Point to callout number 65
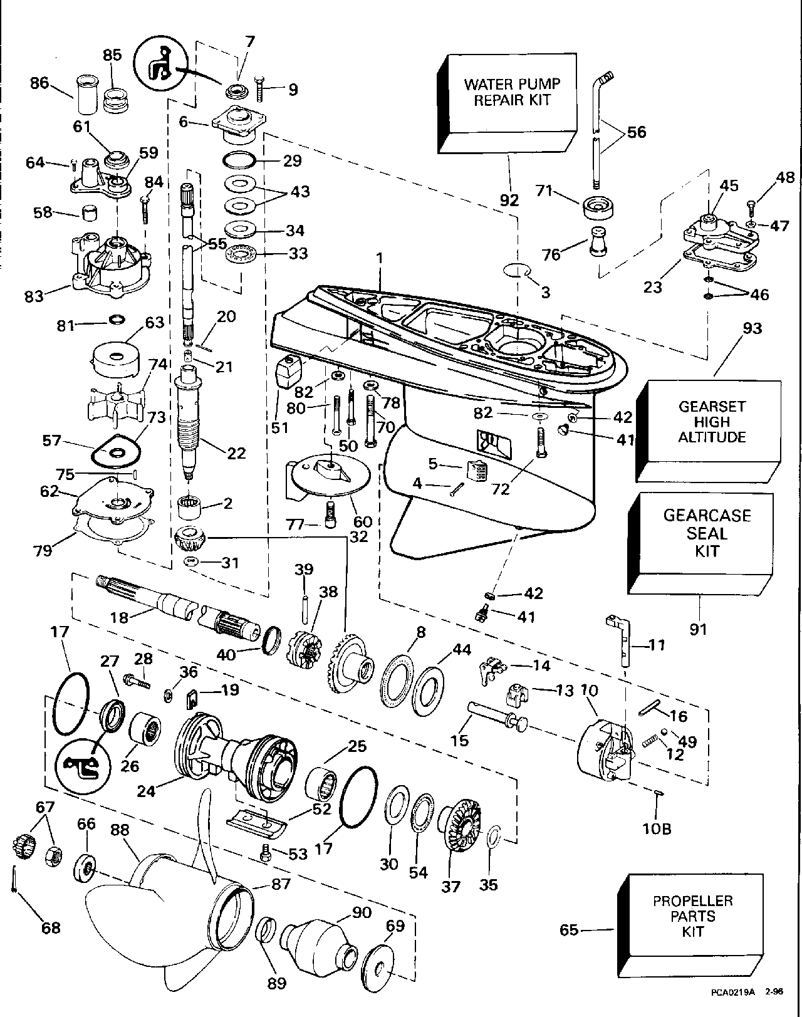coord(569,930)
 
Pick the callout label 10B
coord(656,828)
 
